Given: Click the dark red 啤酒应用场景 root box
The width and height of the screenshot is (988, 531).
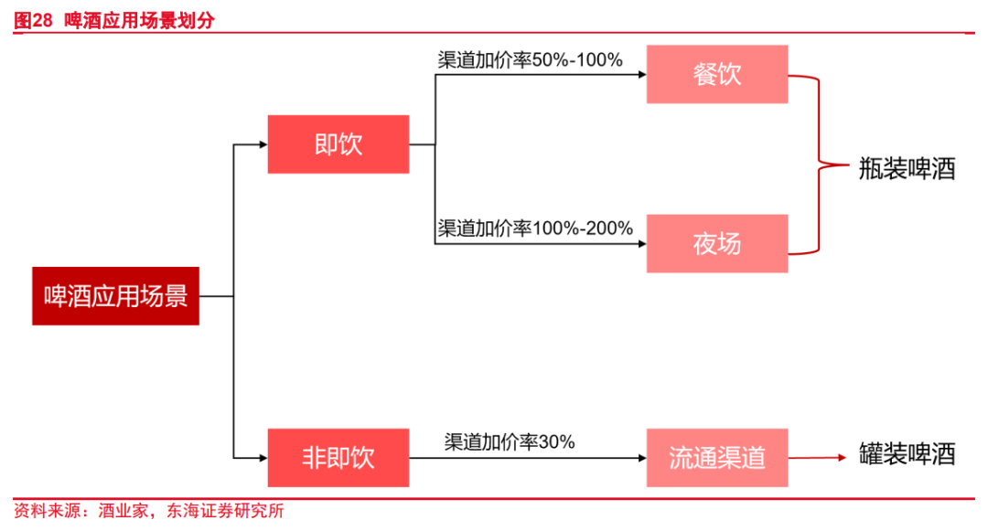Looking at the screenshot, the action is [115, 296].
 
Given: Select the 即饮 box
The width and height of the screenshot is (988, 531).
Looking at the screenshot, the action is [338, 144].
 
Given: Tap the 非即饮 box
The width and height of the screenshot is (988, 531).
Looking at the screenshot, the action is [338, 457].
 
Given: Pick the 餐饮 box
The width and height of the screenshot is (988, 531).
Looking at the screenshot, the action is [716, 75].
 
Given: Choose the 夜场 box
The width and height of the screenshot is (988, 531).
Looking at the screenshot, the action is [716, 243].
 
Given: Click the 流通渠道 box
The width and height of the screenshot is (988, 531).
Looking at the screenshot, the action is [716, 457].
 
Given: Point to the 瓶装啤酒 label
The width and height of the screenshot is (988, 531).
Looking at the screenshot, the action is [907, 168].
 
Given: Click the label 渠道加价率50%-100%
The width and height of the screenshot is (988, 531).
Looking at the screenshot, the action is [530, 60].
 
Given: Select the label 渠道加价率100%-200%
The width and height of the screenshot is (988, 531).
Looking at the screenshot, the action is [535, 228].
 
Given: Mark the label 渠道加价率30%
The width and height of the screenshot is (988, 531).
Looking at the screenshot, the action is [510, 442].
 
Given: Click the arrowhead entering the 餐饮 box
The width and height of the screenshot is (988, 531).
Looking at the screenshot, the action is [641, 75].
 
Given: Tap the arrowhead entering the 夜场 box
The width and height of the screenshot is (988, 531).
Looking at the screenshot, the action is [641, 243].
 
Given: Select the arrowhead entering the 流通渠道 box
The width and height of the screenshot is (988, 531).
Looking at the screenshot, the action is [641, 457].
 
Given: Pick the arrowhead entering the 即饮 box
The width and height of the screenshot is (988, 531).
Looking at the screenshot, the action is [263, 144].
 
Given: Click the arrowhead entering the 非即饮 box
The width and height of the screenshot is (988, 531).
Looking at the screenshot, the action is [263, 457].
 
